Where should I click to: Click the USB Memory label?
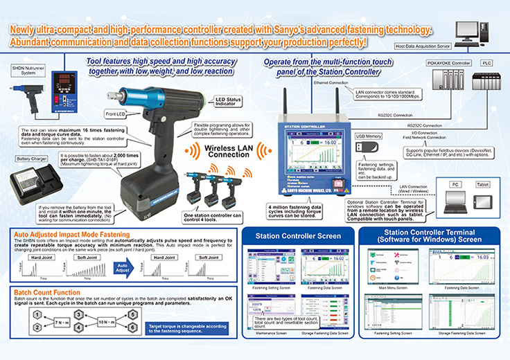point(369,137)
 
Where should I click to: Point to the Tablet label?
point(482,185)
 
